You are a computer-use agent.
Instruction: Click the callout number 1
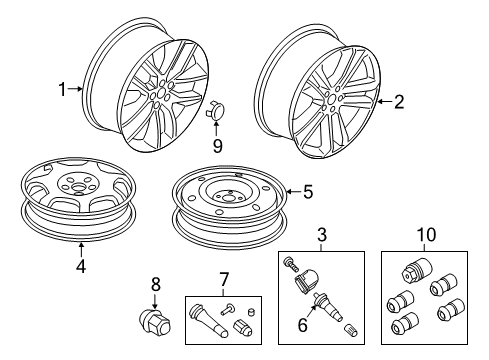click(x=62, y=89)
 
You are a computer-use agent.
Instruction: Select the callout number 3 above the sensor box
click(x=322, y=235)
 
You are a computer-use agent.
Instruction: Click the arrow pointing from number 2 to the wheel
click(x=385, y=100)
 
